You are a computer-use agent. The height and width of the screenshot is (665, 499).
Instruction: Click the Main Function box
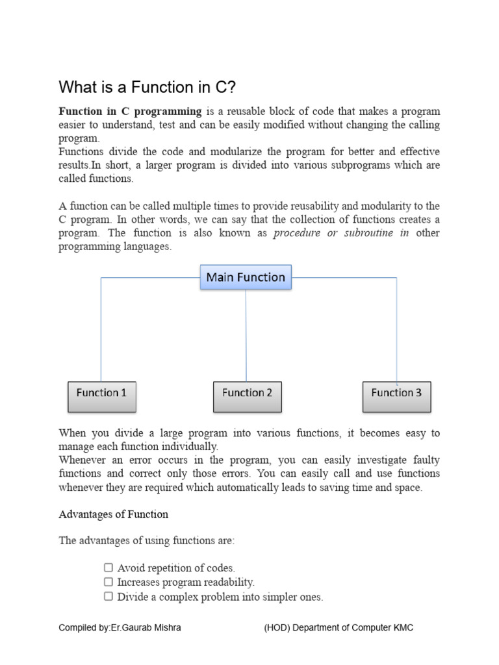coord(246,277)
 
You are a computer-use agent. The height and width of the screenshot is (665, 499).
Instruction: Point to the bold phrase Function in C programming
coord(130,112)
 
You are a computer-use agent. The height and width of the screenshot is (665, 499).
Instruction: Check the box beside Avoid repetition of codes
coord(109,568)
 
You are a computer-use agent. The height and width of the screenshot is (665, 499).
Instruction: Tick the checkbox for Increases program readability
coord(109,582)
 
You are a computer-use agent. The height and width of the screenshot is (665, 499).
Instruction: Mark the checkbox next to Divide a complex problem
coord(109,596)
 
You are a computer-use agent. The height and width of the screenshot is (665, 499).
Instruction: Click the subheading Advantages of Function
coord(113,514)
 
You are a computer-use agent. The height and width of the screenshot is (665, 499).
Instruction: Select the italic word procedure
coord(297,233)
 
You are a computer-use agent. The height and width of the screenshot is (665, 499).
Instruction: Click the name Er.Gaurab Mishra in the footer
coord(149,628)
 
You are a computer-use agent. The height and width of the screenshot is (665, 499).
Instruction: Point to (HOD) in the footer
coord(276,628)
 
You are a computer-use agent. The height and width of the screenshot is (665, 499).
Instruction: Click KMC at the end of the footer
coord(402,628)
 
